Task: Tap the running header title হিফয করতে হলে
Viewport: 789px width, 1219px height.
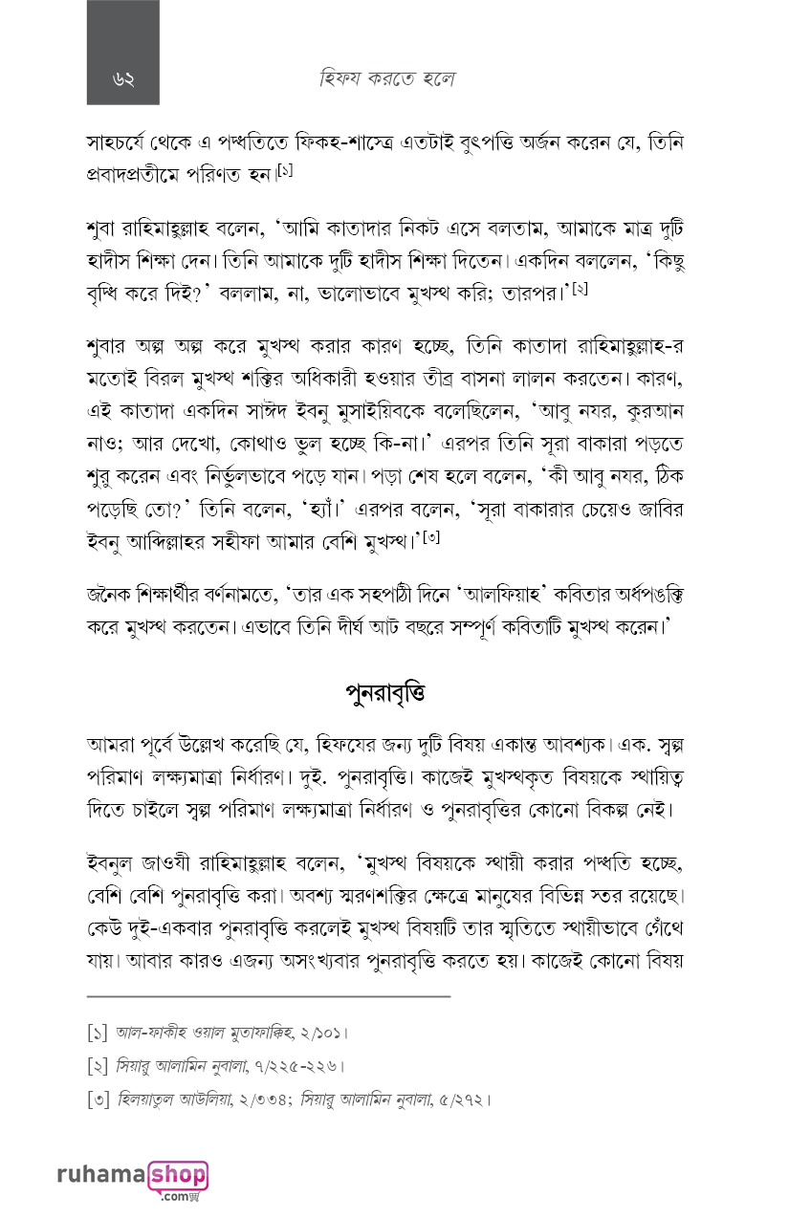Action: click(386, 79)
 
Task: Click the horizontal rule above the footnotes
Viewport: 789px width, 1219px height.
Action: click(268, 996)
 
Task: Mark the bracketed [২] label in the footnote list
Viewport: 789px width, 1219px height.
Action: click(97, 1066)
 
